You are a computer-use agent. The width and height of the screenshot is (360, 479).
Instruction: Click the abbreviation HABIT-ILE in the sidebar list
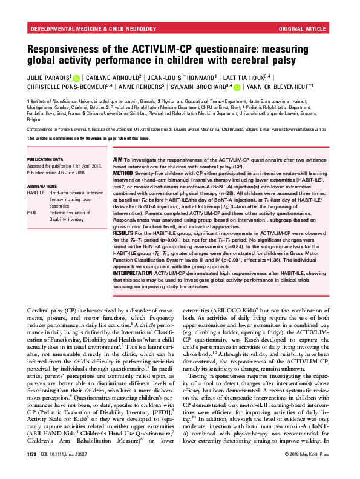click(x=36, y=193)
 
